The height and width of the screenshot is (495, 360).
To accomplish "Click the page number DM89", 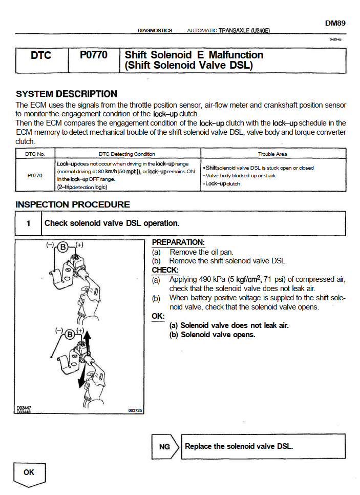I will pyautogui.click(x=335, y=23).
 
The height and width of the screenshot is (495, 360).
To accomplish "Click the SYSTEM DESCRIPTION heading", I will pyautogui.click(x=67, y=94).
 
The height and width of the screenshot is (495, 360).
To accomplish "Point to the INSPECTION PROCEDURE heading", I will pyautogui.click(x=73, y=204).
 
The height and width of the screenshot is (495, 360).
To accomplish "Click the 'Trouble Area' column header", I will pyautogui.click(x=273, y=154).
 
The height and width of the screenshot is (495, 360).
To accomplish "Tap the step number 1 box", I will pyautogui.click(x=29, y=223).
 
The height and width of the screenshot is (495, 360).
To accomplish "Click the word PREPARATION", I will pyautogui.click(x=178, y=242).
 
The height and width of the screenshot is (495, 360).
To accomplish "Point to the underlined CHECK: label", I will pyautogui.click(x=165, y=270).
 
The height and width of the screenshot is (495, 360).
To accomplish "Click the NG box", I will pyautogui.click(x=164, y=447).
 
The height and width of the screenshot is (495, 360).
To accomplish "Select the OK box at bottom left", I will pyautogui.click(x=29, y=472).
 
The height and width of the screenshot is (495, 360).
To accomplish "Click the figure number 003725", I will pyautogui.click(x=135, y=410).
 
